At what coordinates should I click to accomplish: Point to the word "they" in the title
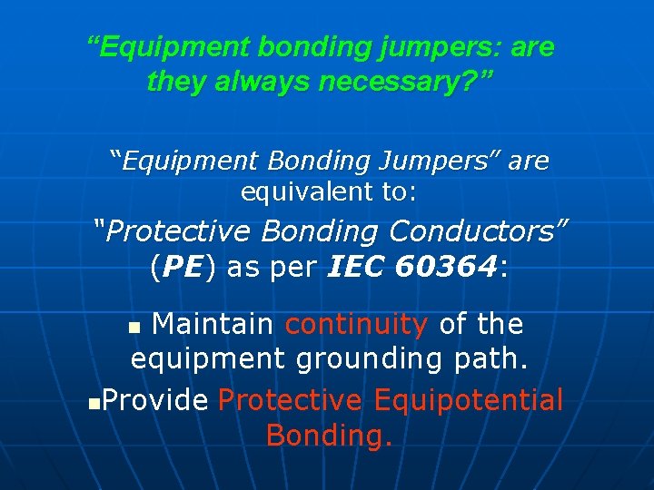pos(177,83)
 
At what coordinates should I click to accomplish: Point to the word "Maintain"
pos(213,324)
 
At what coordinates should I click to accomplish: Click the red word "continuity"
pos(357,324)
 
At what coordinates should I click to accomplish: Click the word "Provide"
pos(155,399)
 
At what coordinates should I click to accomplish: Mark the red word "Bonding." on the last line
pos(329,436)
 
